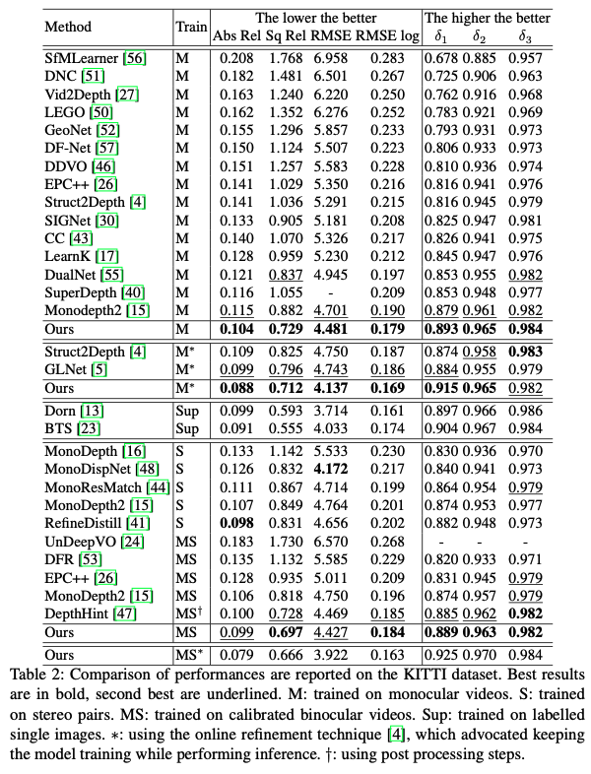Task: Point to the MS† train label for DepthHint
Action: (x=188, y=613)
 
